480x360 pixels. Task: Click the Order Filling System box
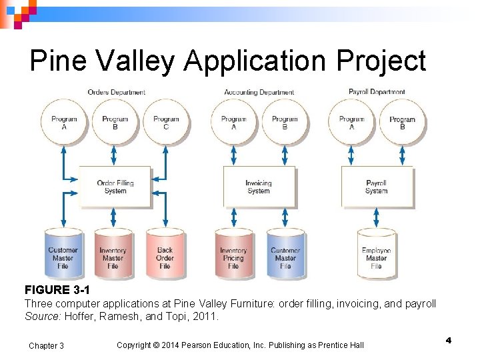pyautogui.click(x=115, y=187)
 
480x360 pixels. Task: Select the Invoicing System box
pyautogui.click(x=259, y=187)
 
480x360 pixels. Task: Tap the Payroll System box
pyautogui.click(x=376, y=187)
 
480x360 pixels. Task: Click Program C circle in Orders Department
pyautogui.click(x=166, y=123)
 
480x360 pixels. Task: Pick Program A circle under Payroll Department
pyautogui.click(x=351, y=123)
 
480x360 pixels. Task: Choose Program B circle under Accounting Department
pyautogui.click(x=285, y=123)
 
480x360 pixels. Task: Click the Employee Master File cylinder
pyautogui.click(x=376, y=255)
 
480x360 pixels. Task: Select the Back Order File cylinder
pyautogui.click(x=165, y=255)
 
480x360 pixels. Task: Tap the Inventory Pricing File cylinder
pyautogui.click(x=233, y=255)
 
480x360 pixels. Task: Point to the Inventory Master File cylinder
pyautogui.click(x=113, y=255)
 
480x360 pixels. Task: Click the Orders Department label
pyautogui.click(x=117, y=92)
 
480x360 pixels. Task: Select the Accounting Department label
pyautogui.click(x=259, y=92)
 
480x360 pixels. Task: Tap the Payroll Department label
pyautogui.click(x=377, y=91)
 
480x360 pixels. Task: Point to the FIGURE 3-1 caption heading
pyautogui.click(x=57, y=290)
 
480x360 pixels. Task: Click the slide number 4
pyautogui.click(x=449, y=341)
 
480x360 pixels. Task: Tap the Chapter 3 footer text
pyautogui.click(x=47, y=345)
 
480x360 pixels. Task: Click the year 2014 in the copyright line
pyautogui.click(x=178, y=345)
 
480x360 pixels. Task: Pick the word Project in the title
pyautogui.click(x=381, y=61)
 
